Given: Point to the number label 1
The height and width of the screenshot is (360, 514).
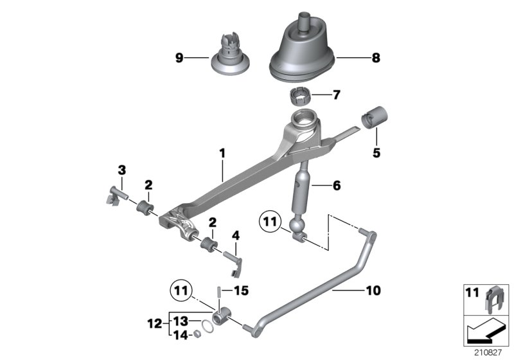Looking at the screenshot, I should click(222, 154).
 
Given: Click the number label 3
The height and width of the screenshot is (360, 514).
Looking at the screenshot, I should click(121, 170).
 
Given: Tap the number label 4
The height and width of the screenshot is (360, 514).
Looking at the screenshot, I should click(236, 236).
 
